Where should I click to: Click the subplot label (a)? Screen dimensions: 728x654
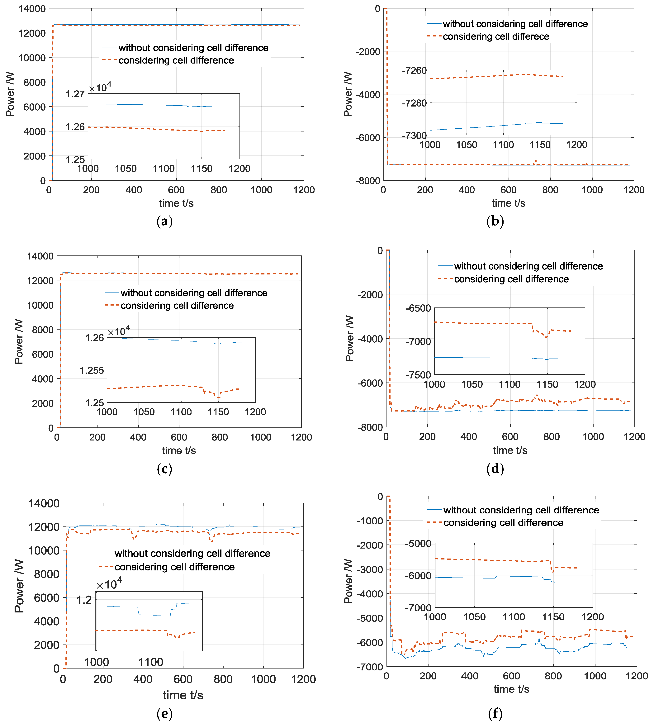click(165, 221)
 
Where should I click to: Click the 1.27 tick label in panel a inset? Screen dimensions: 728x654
click(75, 94)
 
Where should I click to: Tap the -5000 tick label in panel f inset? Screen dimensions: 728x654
click(418, 544)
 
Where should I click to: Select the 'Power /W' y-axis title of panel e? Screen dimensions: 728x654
click(19, 586)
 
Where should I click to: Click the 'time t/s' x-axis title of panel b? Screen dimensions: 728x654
click(509, 203)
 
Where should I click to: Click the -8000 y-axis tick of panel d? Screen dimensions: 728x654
click(370, 427)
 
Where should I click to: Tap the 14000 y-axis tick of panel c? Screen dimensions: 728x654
click(40, 256)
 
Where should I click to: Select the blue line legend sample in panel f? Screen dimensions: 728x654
click(434, 510)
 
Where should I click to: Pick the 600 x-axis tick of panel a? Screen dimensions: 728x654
click(176, 190)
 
